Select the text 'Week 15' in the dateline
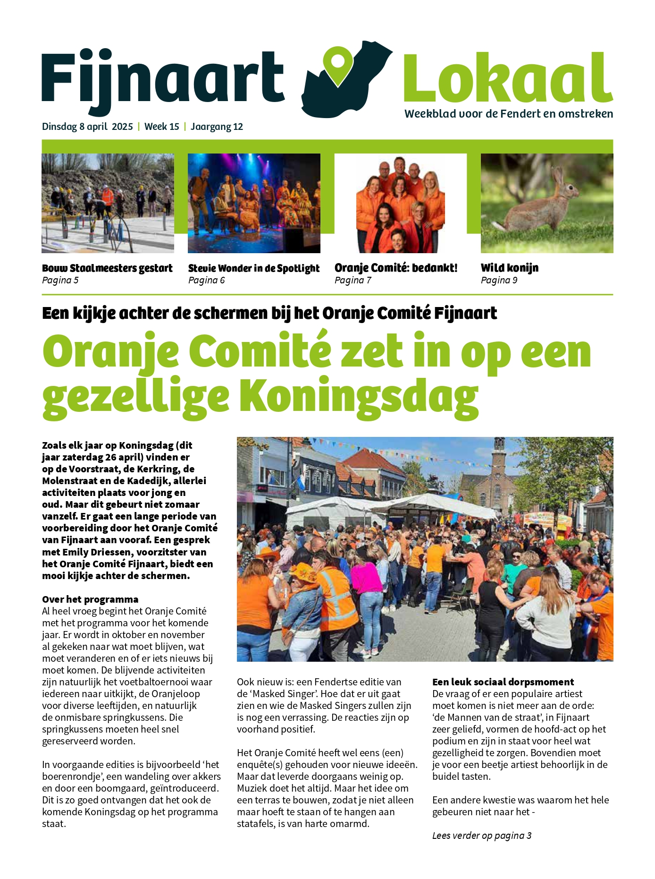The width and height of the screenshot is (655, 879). [x=162, y=127]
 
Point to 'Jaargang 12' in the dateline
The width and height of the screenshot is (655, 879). [x=217, y=127]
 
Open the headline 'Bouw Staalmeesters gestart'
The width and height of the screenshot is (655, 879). [x=107, y=268]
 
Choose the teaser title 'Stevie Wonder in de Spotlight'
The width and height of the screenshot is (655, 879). [x=254, y=268]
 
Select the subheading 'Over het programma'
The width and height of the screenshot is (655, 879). [x=90, y=599]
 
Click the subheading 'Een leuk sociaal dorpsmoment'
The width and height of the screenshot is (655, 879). [x=503, y=682]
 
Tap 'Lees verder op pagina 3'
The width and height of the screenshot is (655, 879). [x=482, y=836]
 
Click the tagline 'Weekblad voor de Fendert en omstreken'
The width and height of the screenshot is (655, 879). [x=509, y=114]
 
